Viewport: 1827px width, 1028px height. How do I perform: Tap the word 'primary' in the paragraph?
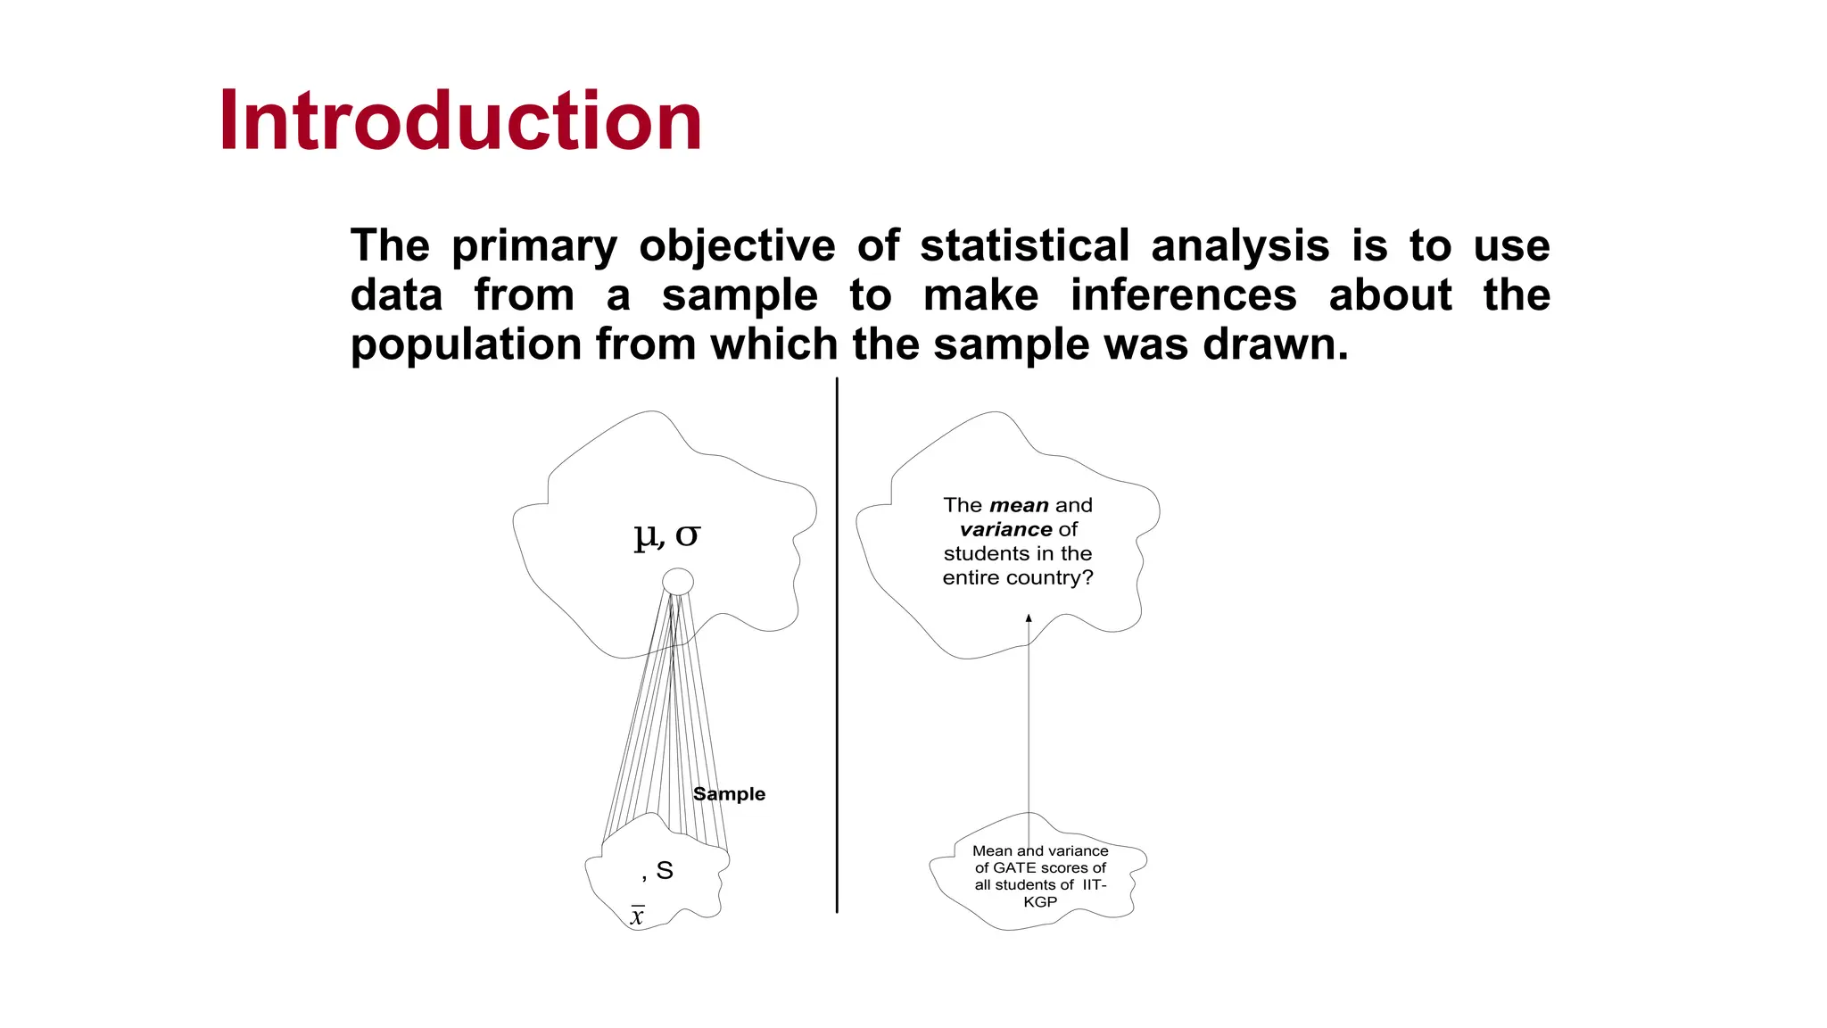(533, 246)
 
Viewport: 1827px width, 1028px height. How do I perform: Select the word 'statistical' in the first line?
(1024, 245)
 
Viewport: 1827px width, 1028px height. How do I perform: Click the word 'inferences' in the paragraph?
(1183, 295)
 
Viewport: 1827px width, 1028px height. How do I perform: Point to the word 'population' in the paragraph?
(466, 345)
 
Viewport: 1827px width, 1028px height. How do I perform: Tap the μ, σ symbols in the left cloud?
(666, 535)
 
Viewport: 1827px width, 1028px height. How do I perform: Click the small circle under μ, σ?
(678, 582)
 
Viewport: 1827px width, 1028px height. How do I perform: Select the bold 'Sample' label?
(729, 794)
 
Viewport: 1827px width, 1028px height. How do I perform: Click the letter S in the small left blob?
(665, 870)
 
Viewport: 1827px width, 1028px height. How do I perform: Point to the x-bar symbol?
(637, 916)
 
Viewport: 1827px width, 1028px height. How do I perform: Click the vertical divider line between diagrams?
(837, 642)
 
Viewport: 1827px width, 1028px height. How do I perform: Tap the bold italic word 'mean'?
(1019, 505)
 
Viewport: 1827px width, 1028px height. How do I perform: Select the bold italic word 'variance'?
(1005, 529)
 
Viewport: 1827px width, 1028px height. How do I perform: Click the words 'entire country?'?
(1017, 578)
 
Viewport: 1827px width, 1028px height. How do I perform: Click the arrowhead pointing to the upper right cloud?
(1029, 618)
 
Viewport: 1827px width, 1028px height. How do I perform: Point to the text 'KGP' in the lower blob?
(1040, 902)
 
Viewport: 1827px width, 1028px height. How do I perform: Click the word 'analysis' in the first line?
(1240, 245)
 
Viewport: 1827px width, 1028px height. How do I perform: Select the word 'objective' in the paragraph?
(737, 246)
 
